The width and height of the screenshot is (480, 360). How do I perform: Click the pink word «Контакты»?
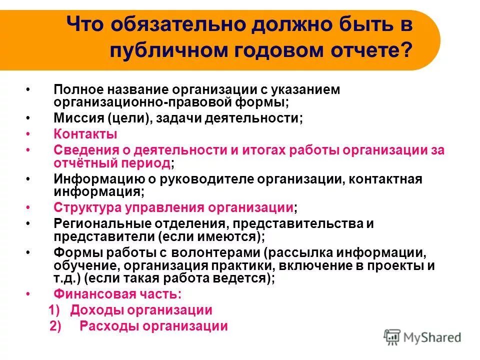[x=85, y=134]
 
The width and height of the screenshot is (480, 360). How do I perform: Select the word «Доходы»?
[x=96, y=310]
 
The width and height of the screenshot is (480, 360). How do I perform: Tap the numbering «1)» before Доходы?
[x=55, y=310]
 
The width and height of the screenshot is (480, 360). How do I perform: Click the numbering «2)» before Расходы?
[x=55, y=326]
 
